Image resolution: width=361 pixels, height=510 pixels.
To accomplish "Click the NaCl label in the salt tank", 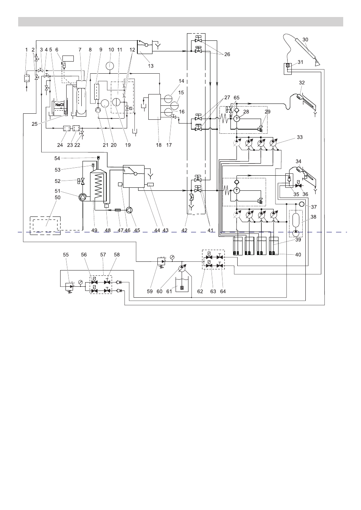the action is point(59,105).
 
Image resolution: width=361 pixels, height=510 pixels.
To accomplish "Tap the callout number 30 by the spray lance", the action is point(305,40).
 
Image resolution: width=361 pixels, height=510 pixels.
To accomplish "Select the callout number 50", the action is point(58,198).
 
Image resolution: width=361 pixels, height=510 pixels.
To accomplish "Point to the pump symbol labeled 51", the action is point(82,198).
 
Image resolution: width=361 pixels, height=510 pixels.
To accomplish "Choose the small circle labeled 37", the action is point(302,204).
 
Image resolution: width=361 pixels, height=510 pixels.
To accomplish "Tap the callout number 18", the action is point(159,145).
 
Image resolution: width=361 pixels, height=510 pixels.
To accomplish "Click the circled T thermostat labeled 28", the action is point(237,118).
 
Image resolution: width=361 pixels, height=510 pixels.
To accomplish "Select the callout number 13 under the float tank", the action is point(151,66).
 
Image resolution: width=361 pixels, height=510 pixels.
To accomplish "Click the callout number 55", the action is point(66,255).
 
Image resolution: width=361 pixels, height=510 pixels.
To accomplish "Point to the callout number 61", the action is point(169,291).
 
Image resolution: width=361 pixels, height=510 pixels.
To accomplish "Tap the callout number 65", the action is point(237,98).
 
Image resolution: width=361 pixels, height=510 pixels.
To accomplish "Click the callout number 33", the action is point(300,137).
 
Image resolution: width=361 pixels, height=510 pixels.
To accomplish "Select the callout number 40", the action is point(298,255).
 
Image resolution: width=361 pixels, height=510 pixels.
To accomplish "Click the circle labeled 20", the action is point(105,104).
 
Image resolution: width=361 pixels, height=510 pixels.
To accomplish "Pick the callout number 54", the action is point(57,158).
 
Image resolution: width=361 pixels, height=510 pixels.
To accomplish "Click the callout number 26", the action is point(227,54).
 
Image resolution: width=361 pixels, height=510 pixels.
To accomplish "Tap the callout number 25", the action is point(34,124).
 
